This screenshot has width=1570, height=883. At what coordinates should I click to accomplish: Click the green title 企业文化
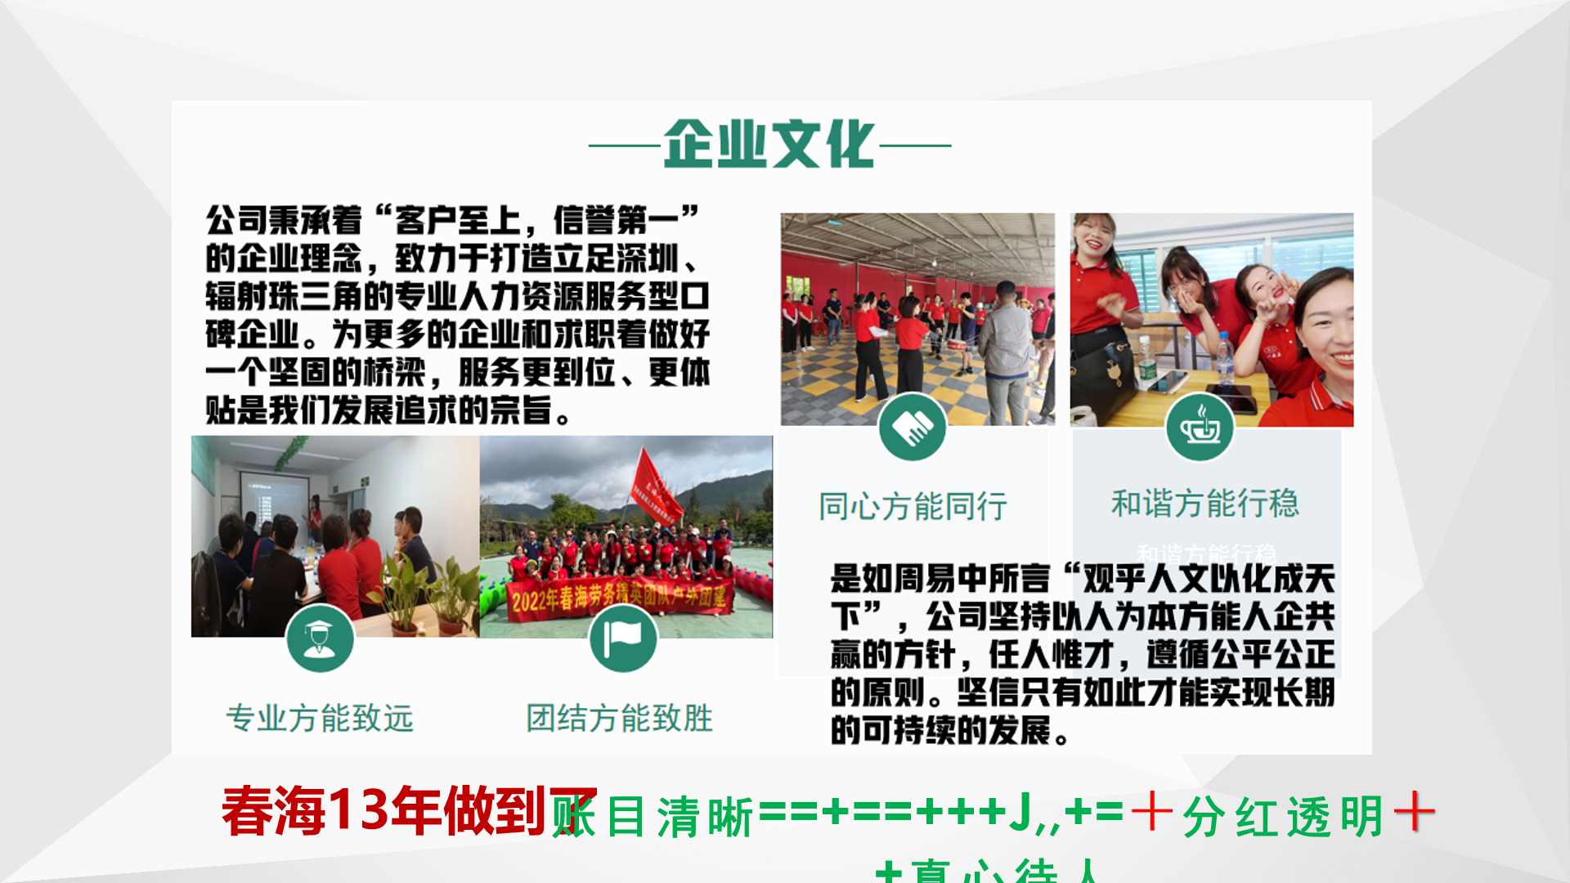coord(769,145)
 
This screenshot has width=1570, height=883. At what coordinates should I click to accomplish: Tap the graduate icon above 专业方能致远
coord(320,639)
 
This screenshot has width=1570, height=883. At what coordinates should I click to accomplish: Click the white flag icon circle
coord(622,639)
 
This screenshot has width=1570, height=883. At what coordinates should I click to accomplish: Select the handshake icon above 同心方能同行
coord(912,427)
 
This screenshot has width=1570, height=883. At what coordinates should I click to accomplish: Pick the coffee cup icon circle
coord(1200,427)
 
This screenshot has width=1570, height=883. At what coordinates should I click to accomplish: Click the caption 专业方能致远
coord(320,718)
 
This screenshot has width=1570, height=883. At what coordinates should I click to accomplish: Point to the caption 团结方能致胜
coord(619,718)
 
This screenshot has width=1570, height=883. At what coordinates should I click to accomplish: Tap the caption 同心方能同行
coord(913,506)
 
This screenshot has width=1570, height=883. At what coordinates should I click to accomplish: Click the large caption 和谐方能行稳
coord(1204,503)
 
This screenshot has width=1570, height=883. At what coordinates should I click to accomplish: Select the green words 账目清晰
coord(654,816)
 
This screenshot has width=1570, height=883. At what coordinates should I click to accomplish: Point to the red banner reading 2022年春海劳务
coord(617,598)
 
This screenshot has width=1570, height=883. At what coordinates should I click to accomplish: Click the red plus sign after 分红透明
coord(1414,814)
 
